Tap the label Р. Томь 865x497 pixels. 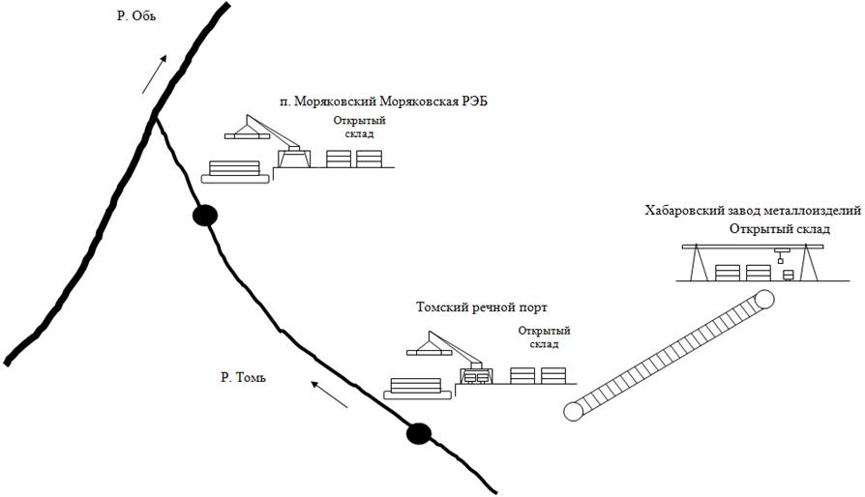click(x=243, y=376)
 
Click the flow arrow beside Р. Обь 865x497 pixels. click(x=153, y=74)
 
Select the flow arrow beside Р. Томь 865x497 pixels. click(x=329, y=395)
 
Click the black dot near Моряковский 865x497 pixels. click(x=204, y=216)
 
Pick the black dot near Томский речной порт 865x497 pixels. click(x=418, y=433)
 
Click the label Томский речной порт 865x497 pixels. click(x=482, y=307)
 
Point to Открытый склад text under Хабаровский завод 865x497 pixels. click(x=780, y=228)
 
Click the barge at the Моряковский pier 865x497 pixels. click(x=235, y=171)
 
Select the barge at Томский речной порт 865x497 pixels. click(x=419, y=387)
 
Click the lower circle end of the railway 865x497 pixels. click(x=574, y=411)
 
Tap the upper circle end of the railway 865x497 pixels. click(x=763, y=301)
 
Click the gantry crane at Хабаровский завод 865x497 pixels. click(x=751, y=262)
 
